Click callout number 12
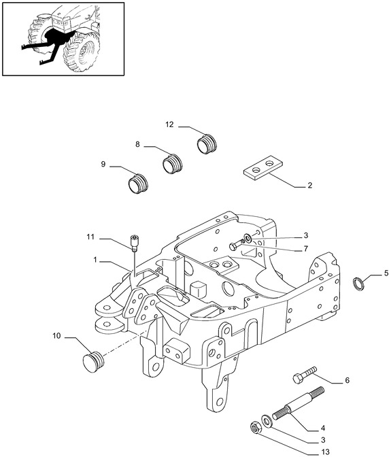point(169,124)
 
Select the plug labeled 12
point(207,143)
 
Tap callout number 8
point(137,144)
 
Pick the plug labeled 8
point(172,163)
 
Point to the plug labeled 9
point(138,184)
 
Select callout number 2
point(309,185)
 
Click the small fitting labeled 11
point(134,243)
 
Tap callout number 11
point(90,237)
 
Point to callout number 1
point(95,260)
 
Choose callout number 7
point(305,249)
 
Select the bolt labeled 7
point(236,245)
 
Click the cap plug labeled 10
point(93,362)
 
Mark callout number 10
point(56,336)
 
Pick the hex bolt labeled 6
point(305,375)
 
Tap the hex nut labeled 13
point(256,428)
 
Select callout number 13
point(326,452)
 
